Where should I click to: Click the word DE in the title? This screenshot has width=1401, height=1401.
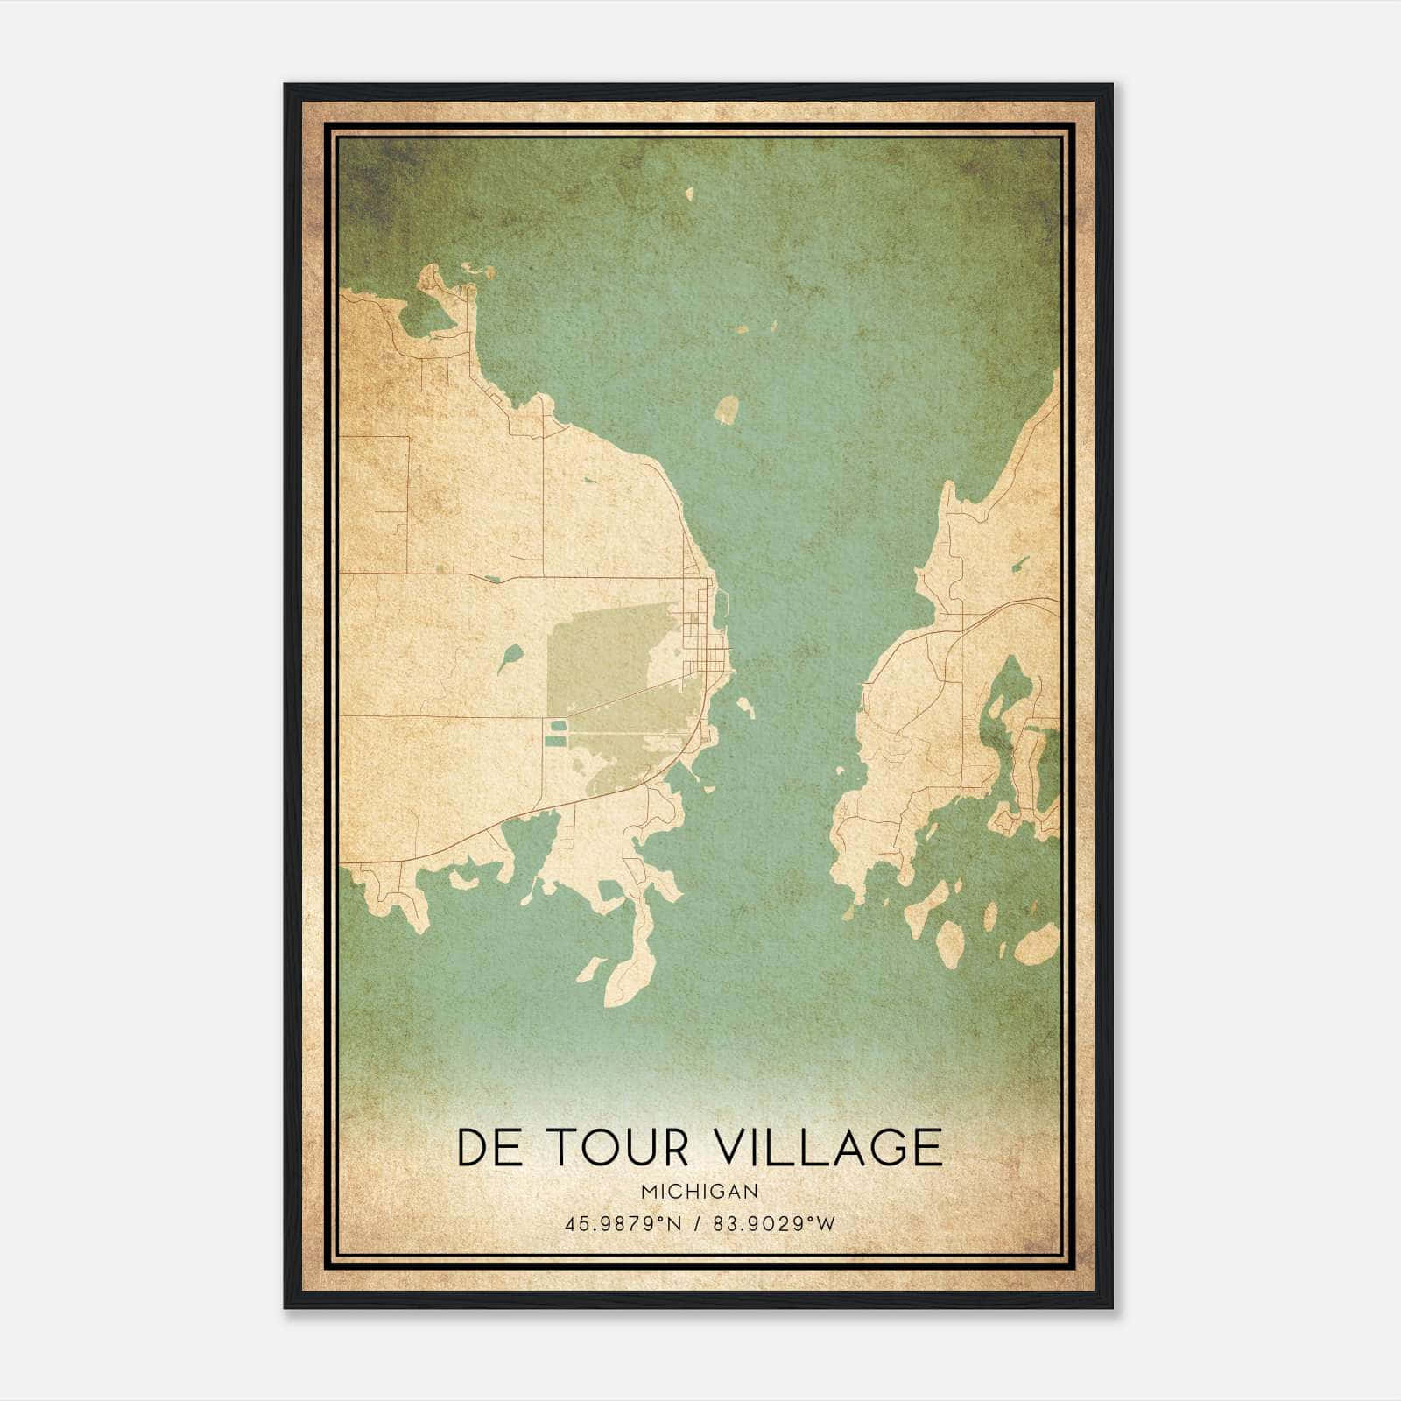[x=489, y=1147]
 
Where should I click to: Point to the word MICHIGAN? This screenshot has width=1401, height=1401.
[x=700, y=1192]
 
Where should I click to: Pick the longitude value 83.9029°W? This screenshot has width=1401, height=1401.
[x=774, y=1223]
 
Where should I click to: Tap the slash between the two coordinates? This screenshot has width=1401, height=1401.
[x=697, y=1223]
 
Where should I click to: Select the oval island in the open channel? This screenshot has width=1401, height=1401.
[x=727, y=410]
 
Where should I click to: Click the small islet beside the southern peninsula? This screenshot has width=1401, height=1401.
[x=592, y=968]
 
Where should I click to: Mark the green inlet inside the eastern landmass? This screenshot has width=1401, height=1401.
[x=1007, y=700]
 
